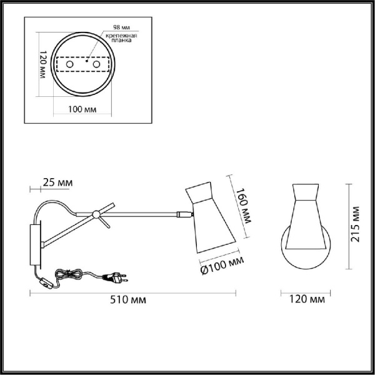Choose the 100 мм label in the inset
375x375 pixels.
click(81, 110)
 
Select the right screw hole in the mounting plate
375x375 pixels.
click(97, 64)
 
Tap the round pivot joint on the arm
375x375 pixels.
click(96, 215)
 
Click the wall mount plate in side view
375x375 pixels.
click(34, 245)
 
